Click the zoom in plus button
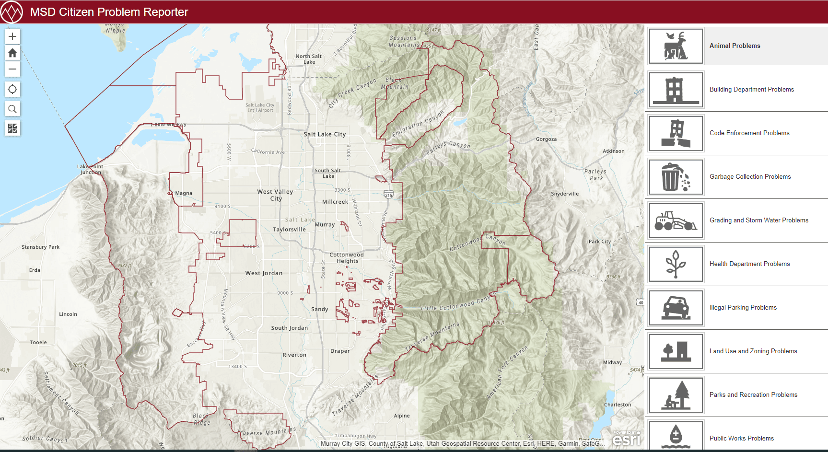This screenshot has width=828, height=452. pos(12,36)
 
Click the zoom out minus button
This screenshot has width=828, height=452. pos(12,69)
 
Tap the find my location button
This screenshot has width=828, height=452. pos(12,89)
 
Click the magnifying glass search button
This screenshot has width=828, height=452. pos(12,109)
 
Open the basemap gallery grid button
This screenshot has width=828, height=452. pos(12,128)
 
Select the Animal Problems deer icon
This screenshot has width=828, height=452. pos(676,46)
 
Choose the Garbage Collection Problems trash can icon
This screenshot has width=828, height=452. pos(676,177)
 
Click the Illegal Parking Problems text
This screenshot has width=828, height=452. pos(743,308)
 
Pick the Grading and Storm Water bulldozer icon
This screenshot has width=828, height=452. pos(676,220)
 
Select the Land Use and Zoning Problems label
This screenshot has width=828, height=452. pos(753,351)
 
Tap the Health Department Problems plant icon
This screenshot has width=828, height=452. pos(676,264)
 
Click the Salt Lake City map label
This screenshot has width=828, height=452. pos(325,134)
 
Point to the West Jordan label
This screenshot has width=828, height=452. pos(264,273)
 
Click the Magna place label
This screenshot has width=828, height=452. pos(183,193)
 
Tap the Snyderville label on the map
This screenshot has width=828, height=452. pos(564,194)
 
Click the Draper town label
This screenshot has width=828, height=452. pos(340,351)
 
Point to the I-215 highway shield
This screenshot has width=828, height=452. pos(388,195)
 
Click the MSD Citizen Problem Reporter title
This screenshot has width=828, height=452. pos(109,12)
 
